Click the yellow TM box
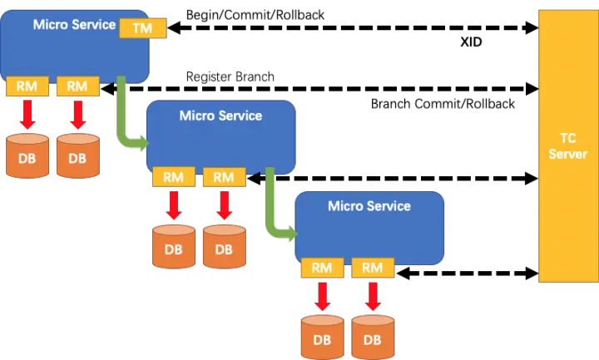coord(143,28)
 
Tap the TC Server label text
coord(568,147)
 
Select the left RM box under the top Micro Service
coord(27,86)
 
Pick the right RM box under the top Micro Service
coord(77,86)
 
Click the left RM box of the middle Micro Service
coord(173,176)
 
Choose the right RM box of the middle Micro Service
coord(224,176)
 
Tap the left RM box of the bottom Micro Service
coord(322,268)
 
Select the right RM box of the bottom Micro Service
coord(373,268)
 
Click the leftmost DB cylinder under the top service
coord(27,156)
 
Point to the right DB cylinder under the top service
coord(77,156)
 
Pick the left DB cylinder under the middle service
coord(173,247)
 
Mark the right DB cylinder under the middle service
coord(224,247)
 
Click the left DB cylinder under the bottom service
coord(322,338)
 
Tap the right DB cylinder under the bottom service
coord(373,338)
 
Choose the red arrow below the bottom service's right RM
coord(373,295)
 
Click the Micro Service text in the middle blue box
coord(220,116)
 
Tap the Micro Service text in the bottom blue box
coord(369,205)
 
